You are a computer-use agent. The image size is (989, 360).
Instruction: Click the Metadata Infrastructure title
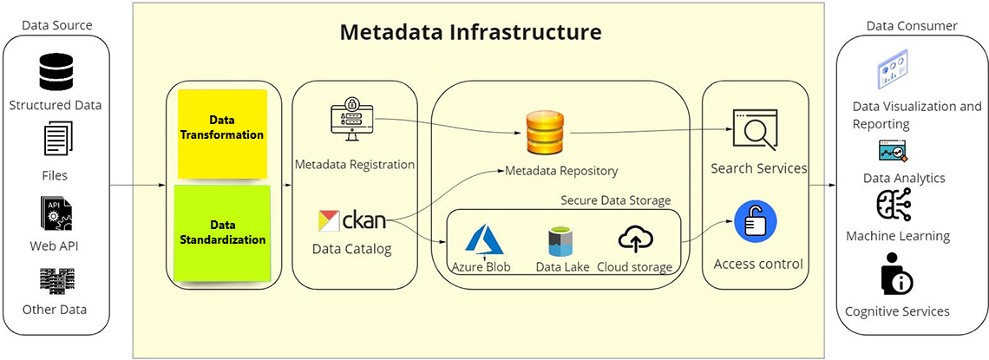coord(470,32)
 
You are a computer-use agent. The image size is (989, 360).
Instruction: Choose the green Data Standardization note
coord(222,232)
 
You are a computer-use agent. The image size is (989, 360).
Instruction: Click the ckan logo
coord(351,221)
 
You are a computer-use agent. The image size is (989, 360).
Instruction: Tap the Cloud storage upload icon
coord(635,239)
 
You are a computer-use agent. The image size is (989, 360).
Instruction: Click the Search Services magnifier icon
coord(754,131)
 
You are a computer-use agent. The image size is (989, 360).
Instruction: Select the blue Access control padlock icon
coord(755,221)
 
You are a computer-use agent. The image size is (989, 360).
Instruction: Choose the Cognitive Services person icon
coord(895,277)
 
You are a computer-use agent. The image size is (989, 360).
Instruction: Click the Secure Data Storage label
coord(615,200)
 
